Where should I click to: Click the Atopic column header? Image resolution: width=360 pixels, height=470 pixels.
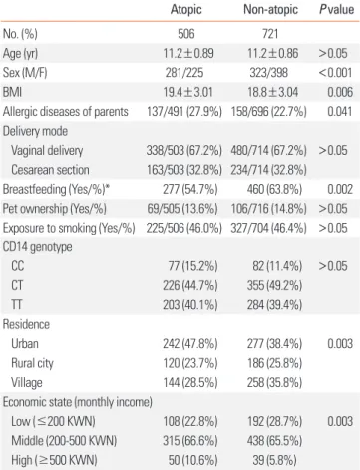pyautogui.click(x=186, y=9)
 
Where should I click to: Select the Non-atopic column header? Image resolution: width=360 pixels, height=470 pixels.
pyautogui.click(x=270, y=9)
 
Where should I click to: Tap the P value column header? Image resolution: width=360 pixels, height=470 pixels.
pyautogui.click(x=337, y=9)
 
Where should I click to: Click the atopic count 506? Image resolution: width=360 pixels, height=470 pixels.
pyautogui.click(x=186, y=34)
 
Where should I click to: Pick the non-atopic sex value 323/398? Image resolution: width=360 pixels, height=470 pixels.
pyautogui.click(x=269, y=73)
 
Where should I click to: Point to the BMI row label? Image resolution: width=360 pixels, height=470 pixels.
pyautogui.click(x=12, y=92)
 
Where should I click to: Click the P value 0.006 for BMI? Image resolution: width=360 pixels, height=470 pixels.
pyautogui.click(x=340, y=92)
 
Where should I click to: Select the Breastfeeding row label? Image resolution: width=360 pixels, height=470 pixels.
pyautogui.click(x=56, y=189)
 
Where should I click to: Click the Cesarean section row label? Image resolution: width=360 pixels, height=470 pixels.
pyautogui.click(x=50, y=170)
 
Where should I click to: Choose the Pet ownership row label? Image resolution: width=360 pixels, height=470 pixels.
pyautogui.click(x=55, y=209)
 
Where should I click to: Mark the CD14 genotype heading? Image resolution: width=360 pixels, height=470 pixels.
pyautogui.click(x=37, y=247)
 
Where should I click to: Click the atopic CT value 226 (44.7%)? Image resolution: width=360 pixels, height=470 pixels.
pyautogui.click(x=190, y=285)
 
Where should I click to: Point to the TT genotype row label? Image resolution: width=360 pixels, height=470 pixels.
pyautogui.click(x=17, y=305)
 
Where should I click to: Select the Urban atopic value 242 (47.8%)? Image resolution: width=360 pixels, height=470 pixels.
pyautogui.click(x=190, y=344)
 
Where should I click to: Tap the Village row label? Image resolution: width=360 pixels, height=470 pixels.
pyautogui.click(x=27, y=383)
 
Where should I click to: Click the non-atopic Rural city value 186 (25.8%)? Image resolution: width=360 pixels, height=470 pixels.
pyautogui.click(x=274, y=363)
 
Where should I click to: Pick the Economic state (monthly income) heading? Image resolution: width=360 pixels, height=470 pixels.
pyautogui.click(x=78, y=402)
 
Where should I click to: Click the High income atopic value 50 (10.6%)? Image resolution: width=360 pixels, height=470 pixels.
pyautogui.click(x=192, y=460)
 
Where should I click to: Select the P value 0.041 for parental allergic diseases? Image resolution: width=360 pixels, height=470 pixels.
pyautogui.click(x=340, y=111)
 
